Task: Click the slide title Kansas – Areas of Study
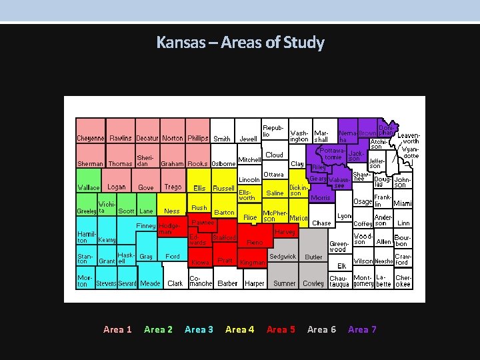coord(240,43)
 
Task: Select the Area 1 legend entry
coord(117,329)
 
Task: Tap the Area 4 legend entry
coord(239,329)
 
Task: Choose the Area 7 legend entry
coord(362,329)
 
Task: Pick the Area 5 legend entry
coord(281,329)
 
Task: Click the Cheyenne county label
coord(90,139)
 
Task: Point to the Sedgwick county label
coord(283,257)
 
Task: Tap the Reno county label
coord(255,243)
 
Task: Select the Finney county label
coord(146,226)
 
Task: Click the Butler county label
coord(313,257)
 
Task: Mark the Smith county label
coord(222,139)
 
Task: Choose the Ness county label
coord(172,211)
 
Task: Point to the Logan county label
coord(116,187)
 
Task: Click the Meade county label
coord(150,283)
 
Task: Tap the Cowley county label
coord(313,283)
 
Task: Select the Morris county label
coord(321,198)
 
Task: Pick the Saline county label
coord(275,193)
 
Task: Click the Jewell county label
coord(248,139)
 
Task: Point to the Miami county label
coord(403,203)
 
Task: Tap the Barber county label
coord(227,283)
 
